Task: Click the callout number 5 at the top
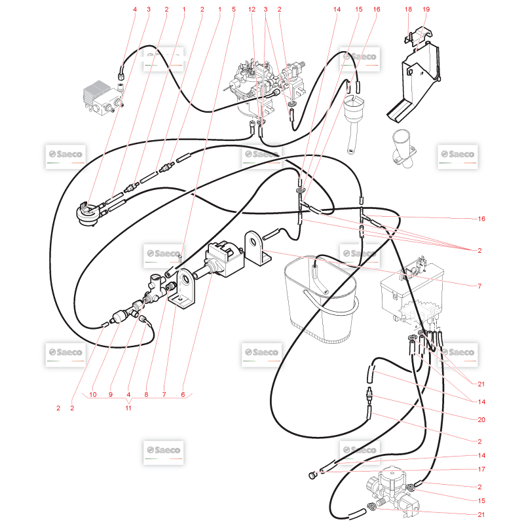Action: [234, 9]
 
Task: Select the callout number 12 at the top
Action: [252, 9]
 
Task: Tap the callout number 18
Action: [408, 9]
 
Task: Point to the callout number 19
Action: [426, 9]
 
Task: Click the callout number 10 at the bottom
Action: [92, 394]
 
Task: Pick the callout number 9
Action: [111, 394]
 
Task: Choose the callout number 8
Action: [146, 394]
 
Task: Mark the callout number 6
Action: [183, 394]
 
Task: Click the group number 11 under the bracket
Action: [128, 408]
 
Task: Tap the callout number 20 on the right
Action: [481, 419]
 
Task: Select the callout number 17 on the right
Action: [481, 469]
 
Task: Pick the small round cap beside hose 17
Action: [312, 475]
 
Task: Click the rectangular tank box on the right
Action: [413, 291]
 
